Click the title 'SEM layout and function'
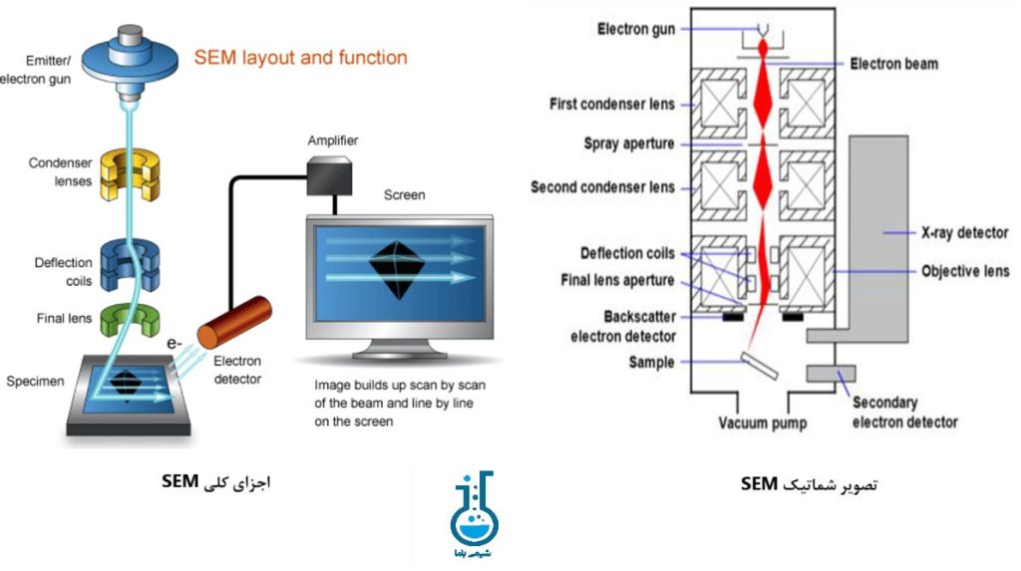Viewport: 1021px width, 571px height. (300, 58)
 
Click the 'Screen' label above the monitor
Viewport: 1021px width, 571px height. (404, 195)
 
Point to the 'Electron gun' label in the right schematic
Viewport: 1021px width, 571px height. (635, 29)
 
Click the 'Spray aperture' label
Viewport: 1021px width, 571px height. (628, 144)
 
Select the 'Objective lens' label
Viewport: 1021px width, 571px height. (964, 271)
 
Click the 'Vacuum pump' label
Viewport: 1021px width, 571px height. (763, 424)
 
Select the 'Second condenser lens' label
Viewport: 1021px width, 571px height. (602, 187)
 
